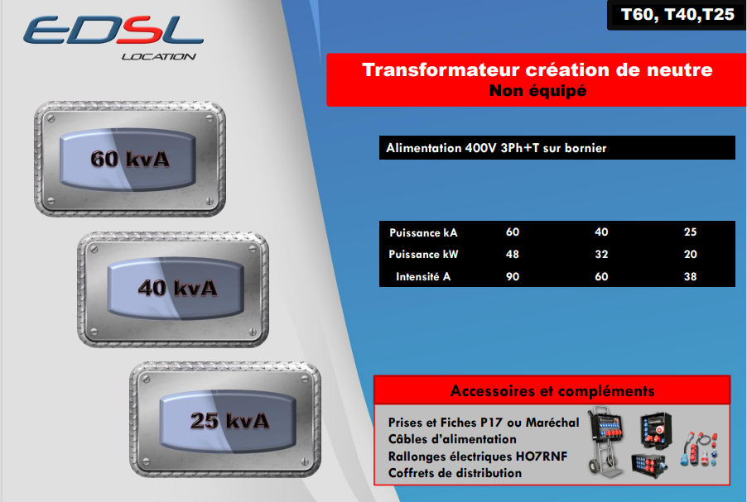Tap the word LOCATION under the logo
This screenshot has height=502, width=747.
[159, 56]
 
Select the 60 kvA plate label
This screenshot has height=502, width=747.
[129, 159]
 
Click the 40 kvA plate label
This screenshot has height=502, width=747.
[177, 288]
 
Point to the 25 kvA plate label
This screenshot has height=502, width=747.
[229, 421]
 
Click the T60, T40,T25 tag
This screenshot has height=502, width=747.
[677, 15]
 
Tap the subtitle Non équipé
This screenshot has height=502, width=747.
[537, 90]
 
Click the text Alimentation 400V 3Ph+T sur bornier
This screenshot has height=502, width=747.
[496, 148]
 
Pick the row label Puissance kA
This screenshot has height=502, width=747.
[423, 232]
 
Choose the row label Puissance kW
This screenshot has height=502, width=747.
[423, 255]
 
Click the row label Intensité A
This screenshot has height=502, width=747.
[423, 276]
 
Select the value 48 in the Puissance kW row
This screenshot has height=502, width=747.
[512, 254]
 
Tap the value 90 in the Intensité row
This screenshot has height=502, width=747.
[512, 276]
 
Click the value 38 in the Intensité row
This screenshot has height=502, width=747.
[691, 276]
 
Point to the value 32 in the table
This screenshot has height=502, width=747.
[601, 254]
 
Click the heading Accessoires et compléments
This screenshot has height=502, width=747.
[552, 391]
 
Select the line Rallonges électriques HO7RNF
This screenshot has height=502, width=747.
[477, 457]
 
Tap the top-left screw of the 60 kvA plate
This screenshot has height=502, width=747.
[51, 119]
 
